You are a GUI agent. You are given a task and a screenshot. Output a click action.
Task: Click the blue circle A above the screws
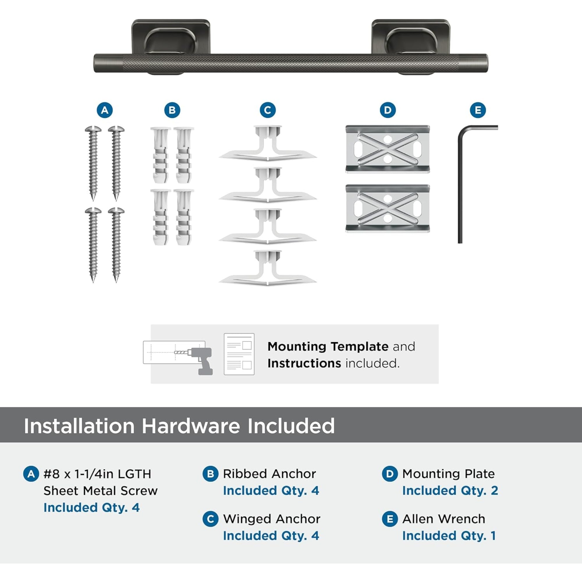(x=104, y=110)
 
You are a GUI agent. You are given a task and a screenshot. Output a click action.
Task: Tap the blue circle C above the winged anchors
(x=267, y=110)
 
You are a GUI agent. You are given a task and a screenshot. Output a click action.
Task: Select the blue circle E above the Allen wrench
(x=478, y=110)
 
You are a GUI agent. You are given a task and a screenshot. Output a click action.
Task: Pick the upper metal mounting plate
(x=387, y=149)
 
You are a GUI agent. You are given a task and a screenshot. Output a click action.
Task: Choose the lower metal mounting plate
(x=387, y=208)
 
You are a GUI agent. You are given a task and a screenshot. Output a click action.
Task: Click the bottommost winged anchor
(x=267, y=268)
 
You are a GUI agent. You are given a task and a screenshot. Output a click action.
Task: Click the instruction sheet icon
(x=239, y=354)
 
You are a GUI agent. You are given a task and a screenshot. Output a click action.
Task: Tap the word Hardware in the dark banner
(x=191, y=426)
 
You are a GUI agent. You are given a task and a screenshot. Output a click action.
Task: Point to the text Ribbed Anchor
(x=269, y=474)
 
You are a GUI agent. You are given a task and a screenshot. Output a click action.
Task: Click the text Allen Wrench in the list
(x=443, y=519)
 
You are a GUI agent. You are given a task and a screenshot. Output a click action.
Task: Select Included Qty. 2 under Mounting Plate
(x=450, y=491)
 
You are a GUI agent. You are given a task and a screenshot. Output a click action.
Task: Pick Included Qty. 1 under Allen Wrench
(x=449, y=536)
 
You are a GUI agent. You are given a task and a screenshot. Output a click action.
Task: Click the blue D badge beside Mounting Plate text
(x=390, y=474)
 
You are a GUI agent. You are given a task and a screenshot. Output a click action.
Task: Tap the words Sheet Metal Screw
(x=100, y=491)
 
